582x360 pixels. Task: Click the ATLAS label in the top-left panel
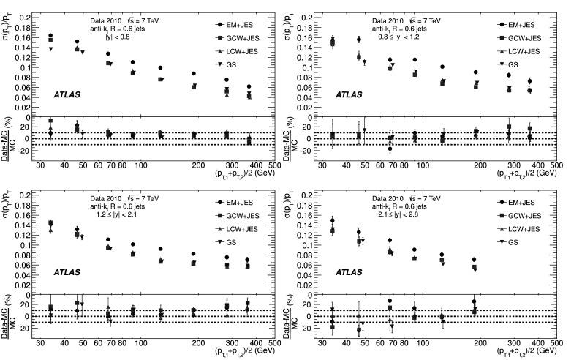tap(67, 95)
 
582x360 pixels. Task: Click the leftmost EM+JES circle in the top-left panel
tap(50, 36)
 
